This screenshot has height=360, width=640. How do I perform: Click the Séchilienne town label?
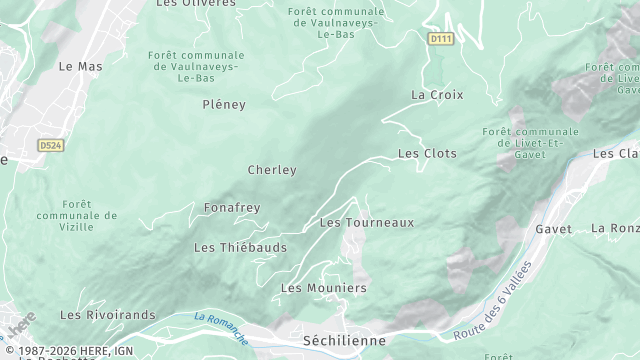(x=344, y=341)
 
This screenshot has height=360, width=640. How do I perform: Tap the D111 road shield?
(x=440, y=39)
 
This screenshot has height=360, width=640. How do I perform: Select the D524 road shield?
(x=51, y=145)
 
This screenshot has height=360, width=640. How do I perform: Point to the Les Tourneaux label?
(x=366, y=222)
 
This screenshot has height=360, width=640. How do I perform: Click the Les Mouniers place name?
(x=323, y=288)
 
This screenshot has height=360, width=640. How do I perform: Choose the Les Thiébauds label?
(x=240, y=247)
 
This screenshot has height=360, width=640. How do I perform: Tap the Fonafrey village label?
(x=231, y=208)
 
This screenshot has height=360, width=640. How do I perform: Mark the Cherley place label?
(x=272, y=170)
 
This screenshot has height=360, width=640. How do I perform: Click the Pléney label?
(x=223, y=104)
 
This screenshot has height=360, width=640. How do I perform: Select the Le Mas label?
(x=81, y=67)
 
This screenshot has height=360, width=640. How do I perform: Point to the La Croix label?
(x=437, y=95)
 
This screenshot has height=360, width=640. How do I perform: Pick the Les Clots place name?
(x=427, y=154)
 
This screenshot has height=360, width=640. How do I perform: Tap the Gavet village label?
(x=553, y=229)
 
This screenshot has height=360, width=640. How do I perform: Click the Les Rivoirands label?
(x=108, y=315)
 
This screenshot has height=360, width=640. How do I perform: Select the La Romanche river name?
(x=221, y=326)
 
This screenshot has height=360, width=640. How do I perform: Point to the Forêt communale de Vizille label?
(x=76, y=215)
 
